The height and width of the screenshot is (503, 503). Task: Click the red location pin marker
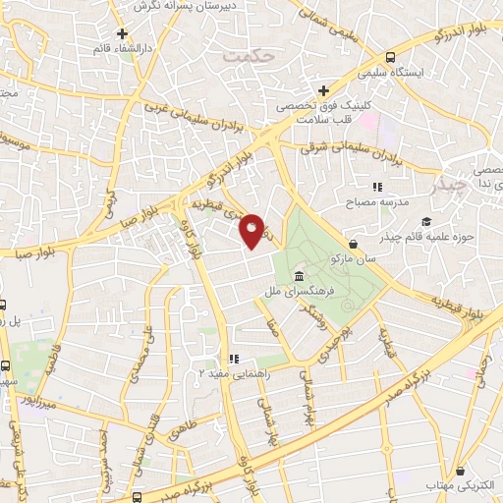pos(252,231)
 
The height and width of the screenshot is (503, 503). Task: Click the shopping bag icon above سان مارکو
pos(353,244)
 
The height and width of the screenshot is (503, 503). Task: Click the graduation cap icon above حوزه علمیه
pos(426,221)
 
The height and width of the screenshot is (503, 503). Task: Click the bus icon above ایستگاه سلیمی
pos(392,57)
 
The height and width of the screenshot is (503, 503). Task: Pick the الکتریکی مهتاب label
pos(459,485)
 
